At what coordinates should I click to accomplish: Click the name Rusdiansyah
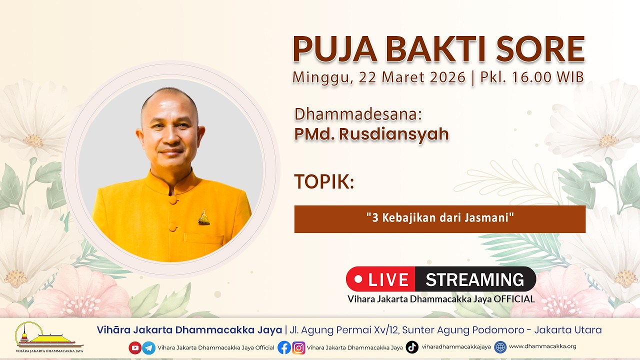pyautogui.click(x=393, y=134)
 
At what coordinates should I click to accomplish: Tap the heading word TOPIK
pyautogui.click(x=324, y=181)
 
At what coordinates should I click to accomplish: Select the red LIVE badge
pyautogui.click(x=380, y=279)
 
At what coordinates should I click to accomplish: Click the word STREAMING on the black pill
pyautogui.click(x=475, y=279)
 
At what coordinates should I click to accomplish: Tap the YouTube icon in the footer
pyautogui.click(x=135, y=347)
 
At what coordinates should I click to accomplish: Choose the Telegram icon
pyautogui.click(x=149, y=347)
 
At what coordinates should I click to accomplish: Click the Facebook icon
pyautogui.click(x=284, y=347)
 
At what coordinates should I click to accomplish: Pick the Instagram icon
pyautogui.click(x=298, y=347)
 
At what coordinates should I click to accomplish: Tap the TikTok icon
pyautogui.click(x=412, y=347)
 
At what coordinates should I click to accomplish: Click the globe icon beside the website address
pyautogui.click(x=500, y=347)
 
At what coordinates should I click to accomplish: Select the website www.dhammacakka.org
pyautogui.click(x=542, y=346)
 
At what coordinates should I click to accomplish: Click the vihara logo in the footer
pyautogui.click(x=49, y=337)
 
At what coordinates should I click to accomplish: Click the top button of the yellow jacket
pyautogui.click(x=173, y=200)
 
